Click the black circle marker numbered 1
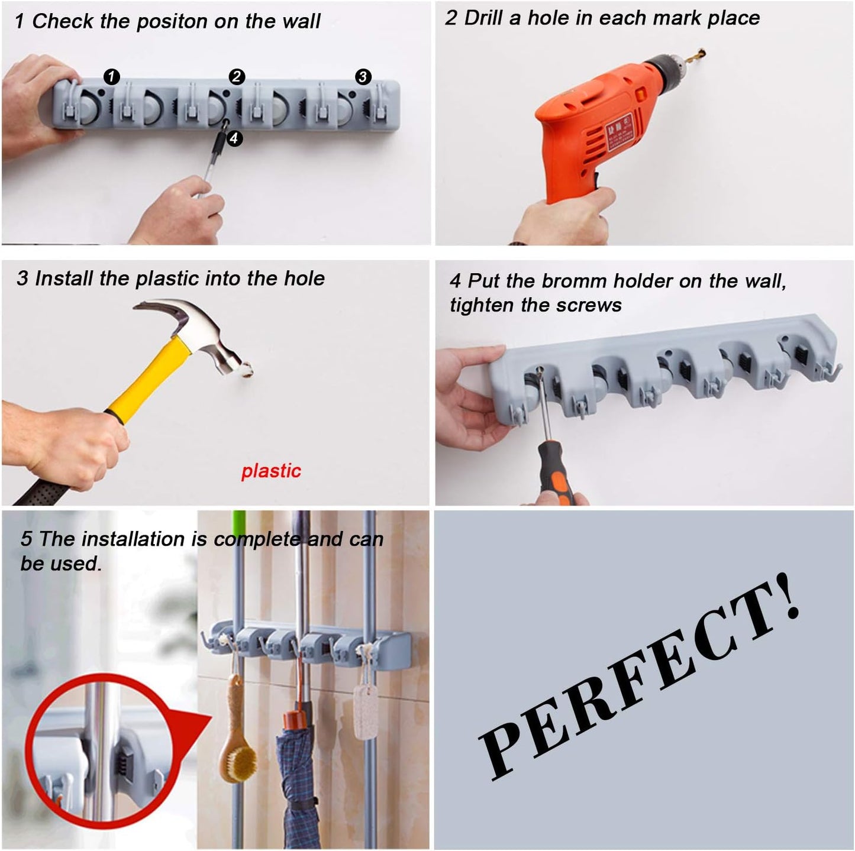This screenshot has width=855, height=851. [x=111, y=77]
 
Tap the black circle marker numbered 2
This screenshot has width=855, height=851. [x=237, y=77]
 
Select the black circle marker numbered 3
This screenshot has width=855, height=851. [x=363, y=77]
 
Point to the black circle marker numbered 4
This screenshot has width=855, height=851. [x=234, y=138]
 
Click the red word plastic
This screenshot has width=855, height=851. [x=271, y=471]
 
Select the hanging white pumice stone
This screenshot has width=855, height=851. [x=365, y=710]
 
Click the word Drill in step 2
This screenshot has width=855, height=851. [x=484, y=18]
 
